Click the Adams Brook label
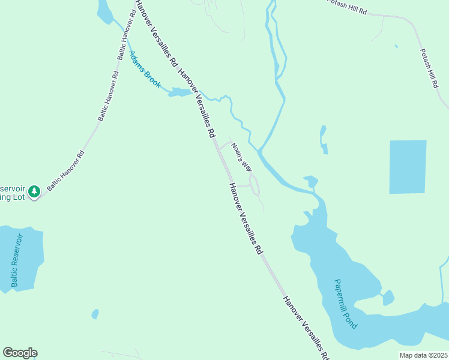145,70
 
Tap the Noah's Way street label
241,157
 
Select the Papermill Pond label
346,304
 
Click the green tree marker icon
35,191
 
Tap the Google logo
20,353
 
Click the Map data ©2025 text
423,355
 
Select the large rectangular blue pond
408,167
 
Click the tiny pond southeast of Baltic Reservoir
95,314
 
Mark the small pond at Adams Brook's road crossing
179,92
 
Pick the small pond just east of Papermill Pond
388,297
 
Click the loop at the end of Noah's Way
255,185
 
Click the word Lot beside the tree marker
20,197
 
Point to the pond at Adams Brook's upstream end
103,11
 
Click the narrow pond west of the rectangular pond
324,140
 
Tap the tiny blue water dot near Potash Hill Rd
396,46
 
